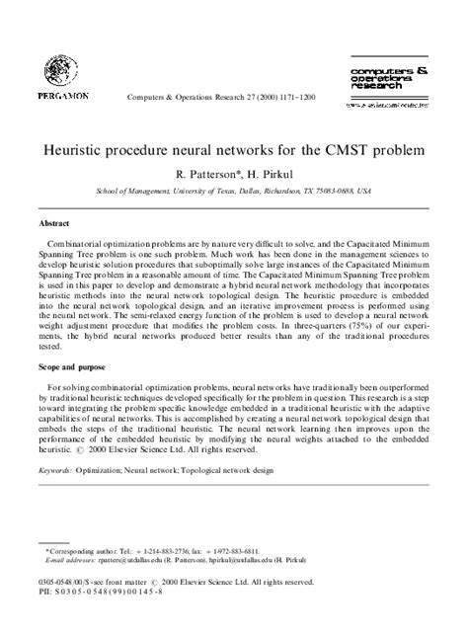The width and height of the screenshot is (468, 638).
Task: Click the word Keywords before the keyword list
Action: [x=58, y=472]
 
